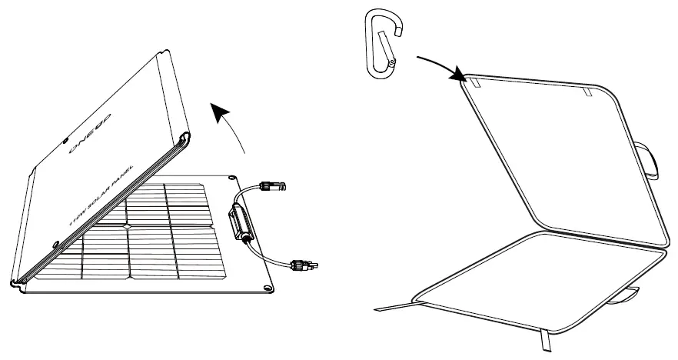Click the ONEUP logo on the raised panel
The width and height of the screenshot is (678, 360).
(x=91, y=132)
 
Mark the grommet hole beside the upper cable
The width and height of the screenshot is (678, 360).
(x=231, y=178)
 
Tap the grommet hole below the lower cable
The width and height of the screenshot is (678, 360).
(x=267, y=287)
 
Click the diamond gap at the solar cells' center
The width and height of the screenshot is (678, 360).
(x=127, y=225)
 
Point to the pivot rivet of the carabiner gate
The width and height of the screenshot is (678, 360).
(x=392, y=61)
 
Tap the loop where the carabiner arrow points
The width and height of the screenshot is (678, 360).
(x=474, y=80)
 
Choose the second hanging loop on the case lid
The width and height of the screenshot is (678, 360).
(x=587, y=92)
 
